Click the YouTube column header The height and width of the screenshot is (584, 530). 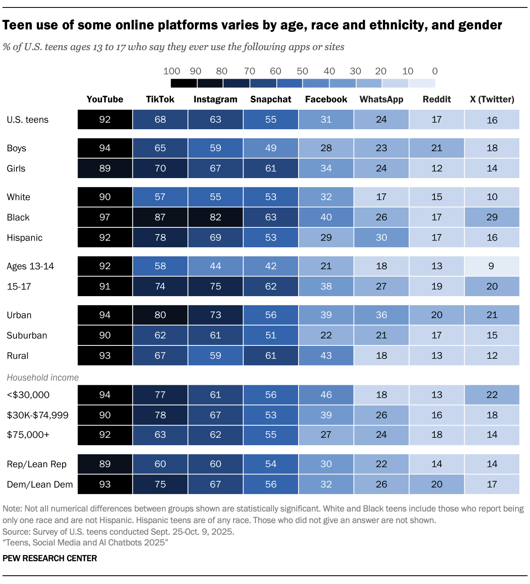(x=105, y=99)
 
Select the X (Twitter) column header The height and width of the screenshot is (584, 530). (x=492, y=99)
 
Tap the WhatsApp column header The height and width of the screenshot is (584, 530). (x=381, y=99)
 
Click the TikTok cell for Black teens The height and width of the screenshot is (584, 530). (x=160, y=217)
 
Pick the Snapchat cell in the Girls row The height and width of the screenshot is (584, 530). (x=271, y=169)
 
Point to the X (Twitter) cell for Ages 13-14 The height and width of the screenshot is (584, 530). (x=492, y=266)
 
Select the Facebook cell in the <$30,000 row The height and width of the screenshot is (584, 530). (x=326, y=395)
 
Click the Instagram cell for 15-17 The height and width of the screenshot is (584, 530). (x=215, y=287)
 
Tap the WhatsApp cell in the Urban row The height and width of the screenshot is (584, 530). (x=381, y=315)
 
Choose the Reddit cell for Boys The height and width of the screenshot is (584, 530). (x=437, y=148)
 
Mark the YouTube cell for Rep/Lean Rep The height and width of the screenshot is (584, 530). (x=105, y=464)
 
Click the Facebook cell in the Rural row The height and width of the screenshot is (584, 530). (x=326, y=356)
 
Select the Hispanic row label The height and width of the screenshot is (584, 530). (x=25, y=238)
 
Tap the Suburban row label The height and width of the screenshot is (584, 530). (x=27, y=335)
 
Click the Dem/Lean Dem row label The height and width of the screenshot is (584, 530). (x=40, y=485)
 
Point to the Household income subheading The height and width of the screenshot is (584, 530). (x=43, y=378)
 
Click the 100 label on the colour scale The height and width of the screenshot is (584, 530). (x=171, y=71)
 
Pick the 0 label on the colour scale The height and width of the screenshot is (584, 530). (x=434, y=71)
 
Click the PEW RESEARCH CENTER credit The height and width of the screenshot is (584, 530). (x=50, y=558)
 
